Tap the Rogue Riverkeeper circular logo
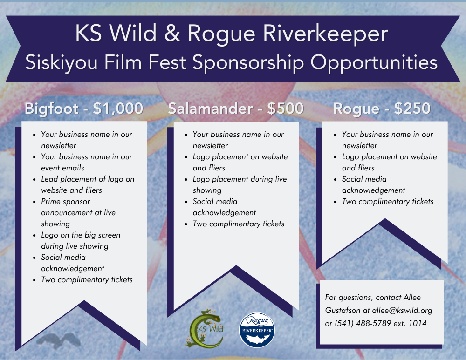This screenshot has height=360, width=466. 257,330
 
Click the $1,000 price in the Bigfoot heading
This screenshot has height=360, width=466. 118,109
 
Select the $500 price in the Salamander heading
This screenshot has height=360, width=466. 285,109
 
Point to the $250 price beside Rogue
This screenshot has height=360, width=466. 412,109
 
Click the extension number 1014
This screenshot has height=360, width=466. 417,323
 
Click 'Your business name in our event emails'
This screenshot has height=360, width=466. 86,162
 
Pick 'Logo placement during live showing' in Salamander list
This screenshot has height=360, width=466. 240,184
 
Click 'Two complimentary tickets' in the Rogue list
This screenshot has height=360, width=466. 388,201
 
